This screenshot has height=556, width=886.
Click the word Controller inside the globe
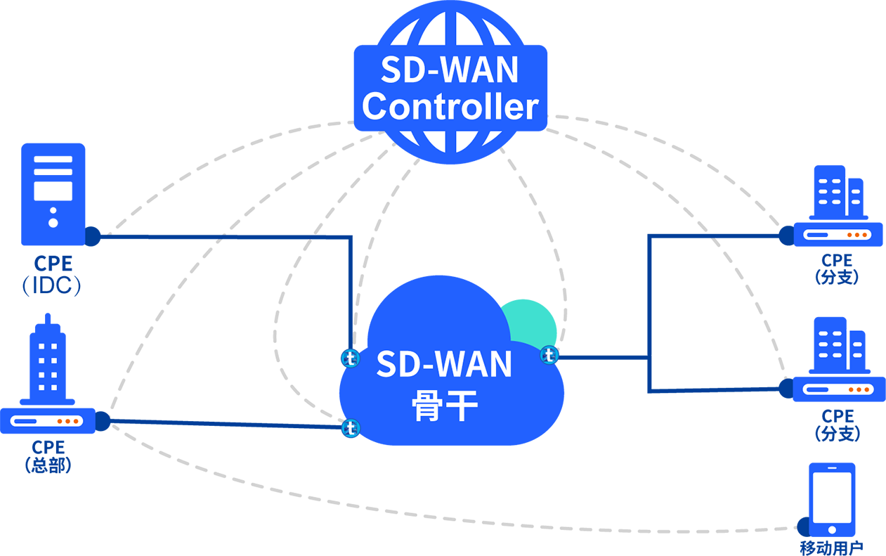[x=450, y=107]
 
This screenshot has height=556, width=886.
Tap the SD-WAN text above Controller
[x=450, y=70]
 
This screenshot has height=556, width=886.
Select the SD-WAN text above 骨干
[x=444, y=363]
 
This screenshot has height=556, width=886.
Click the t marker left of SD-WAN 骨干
[x=350, y=358]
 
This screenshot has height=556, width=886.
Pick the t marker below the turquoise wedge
[x=549, y=356]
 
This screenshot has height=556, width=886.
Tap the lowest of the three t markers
[x=350, y=427]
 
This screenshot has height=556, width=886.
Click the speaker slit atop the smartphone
[x=832, y=467]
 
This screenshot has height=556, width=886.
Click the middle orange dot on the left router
[x=68, y=421]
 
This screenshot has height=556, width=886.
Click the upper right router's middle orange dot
[x=856, y=235]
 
